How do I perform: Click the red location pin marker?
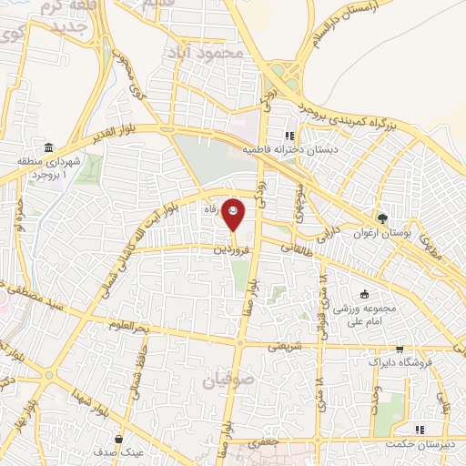pos(235,213)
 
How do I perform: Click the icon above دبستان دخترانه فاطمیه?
pos(289,136)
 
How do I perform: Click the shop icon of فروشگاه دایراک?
pos(399,349)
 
